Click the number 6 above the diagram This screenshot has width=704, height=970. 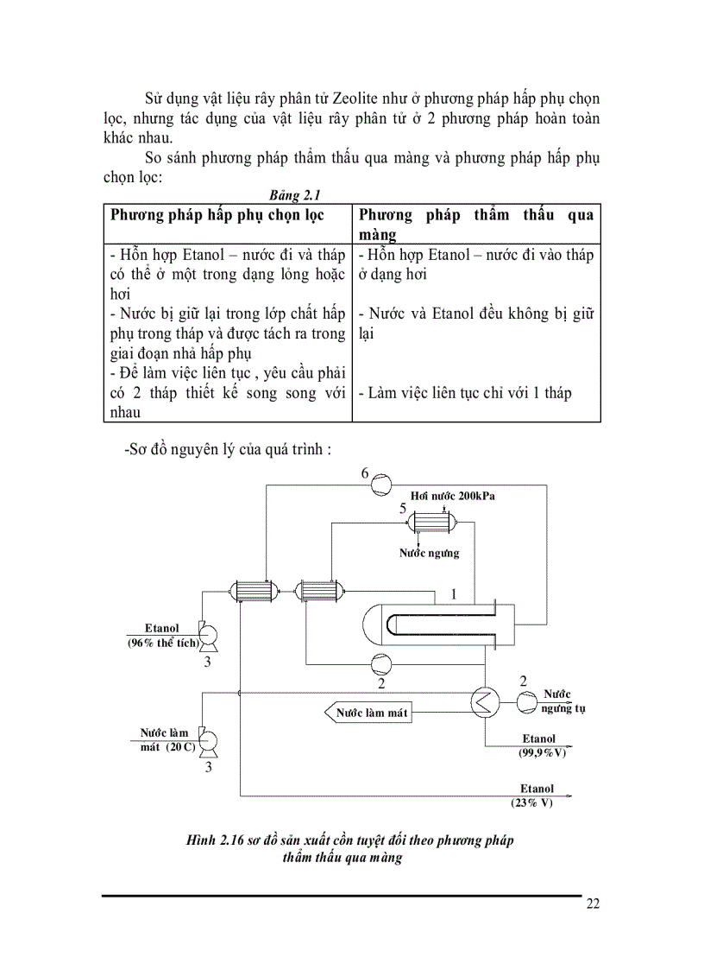click(364, 474)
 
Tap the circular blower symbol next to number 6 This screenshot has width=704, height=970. click(381, 485)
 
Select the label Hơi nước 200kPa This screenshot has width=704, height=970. click(453, 498)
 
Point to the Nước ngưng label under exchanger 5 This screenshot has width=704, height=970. click(429, 553)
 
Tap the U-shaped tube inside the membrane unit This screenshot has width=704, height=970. click(440, 624)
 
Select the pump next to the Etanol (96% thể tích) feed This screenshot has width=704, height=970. click(208, 637)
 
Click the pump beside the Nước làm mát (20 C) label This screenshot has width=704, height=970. click(208, 740)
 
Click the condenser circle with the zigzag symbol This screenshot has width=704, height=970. click(484, 703)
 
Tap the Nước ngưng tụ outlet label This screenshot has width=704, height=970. click(560, 701)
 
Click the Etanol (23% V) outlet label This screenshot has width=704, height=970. click(535, 795)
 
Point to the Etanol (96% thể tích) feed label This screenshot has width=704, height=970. click(163, 635)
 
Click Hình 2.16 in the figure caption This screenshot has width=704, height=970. click(217, 840)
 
